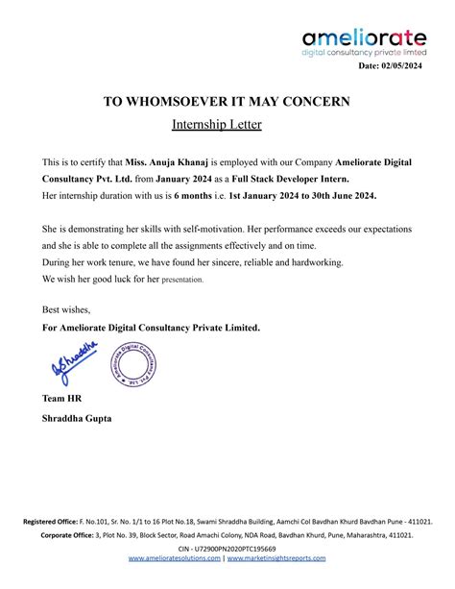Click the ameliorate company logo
tap(364, 43)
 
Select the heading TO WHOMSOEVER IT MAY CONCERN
tap(227, 102)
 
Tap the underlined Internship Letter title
tap(216, 125)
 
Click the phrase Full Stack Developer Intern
tap(297, 180)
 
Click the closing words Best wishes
tap(66, 309)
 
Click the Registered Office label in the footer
tap(56, 522)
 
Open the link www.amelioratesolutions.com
tap(174, 558)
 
